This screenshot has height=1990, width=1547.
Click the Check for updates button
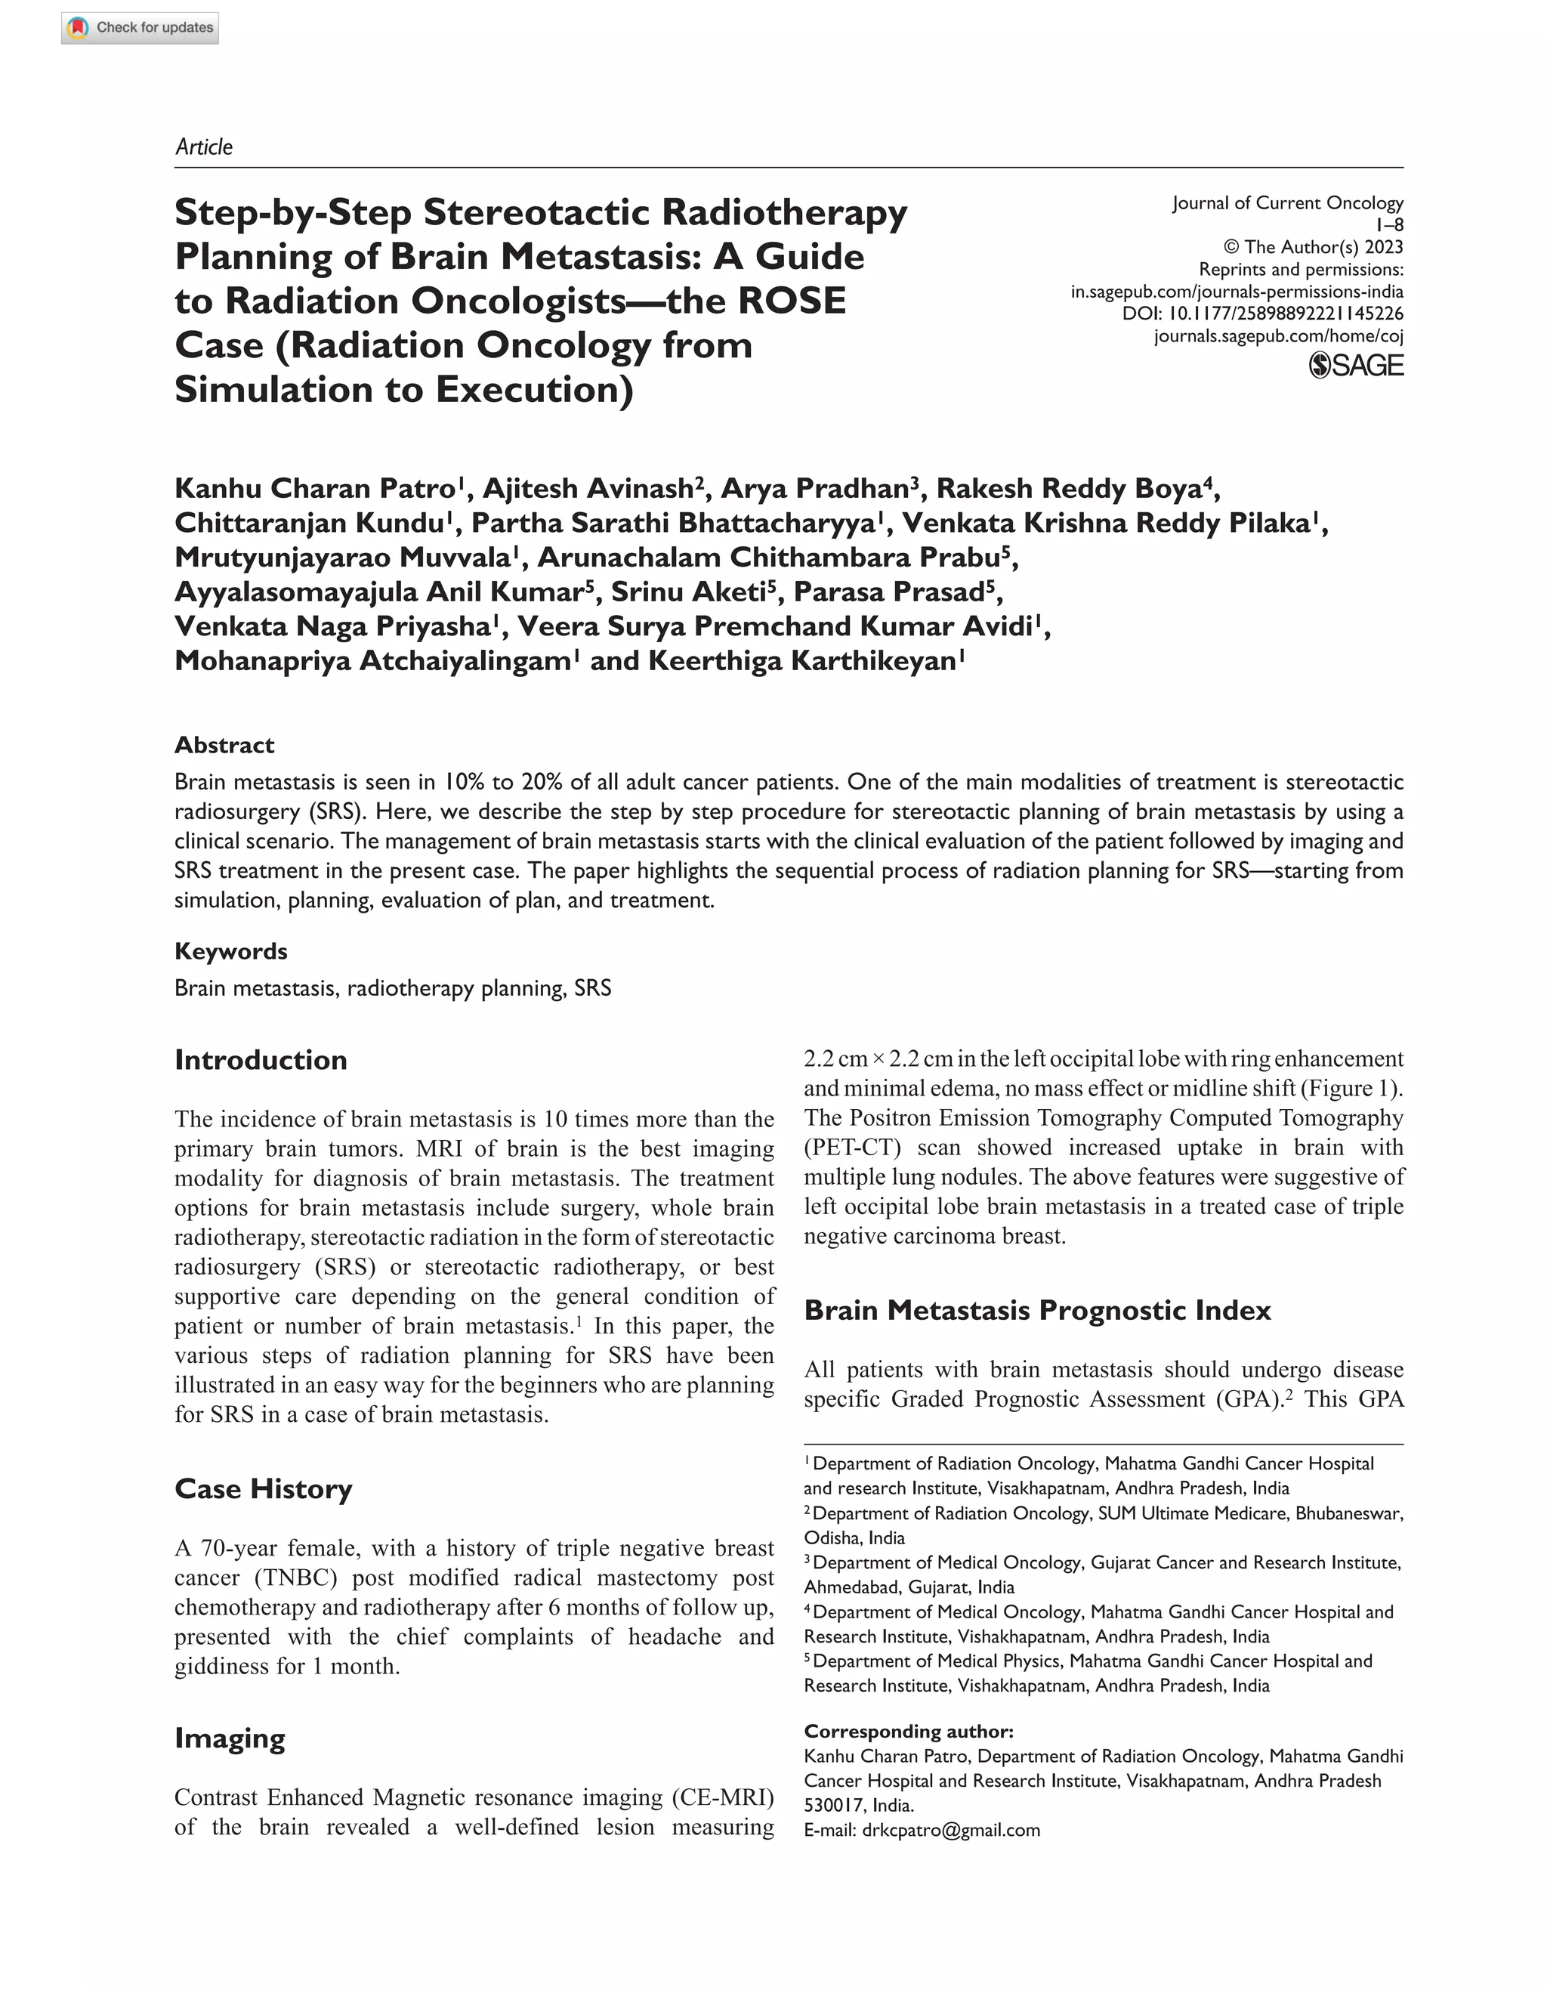[x=140, y=27]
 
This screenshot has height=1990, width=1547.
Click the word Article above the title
[x=203, y=147]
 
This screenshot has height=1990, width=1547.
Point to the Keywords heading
[x=230, y=950]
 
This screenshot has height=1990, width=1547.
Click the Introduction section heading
[x=261, y=1060]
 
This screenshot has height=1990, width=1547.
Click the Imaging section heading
[x=230, y=1738]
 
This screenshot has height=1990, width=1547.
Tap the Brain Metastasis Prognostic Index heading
[x=1037, y=1309]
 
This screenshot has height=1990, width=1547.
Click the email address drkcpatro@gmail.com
[x=950, y=1830]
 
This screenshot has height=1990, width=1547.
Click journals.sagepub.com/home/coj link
[x=1277, y=336]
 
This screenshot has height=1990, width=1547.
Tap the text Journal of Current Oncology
[x=1286, y=202]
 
